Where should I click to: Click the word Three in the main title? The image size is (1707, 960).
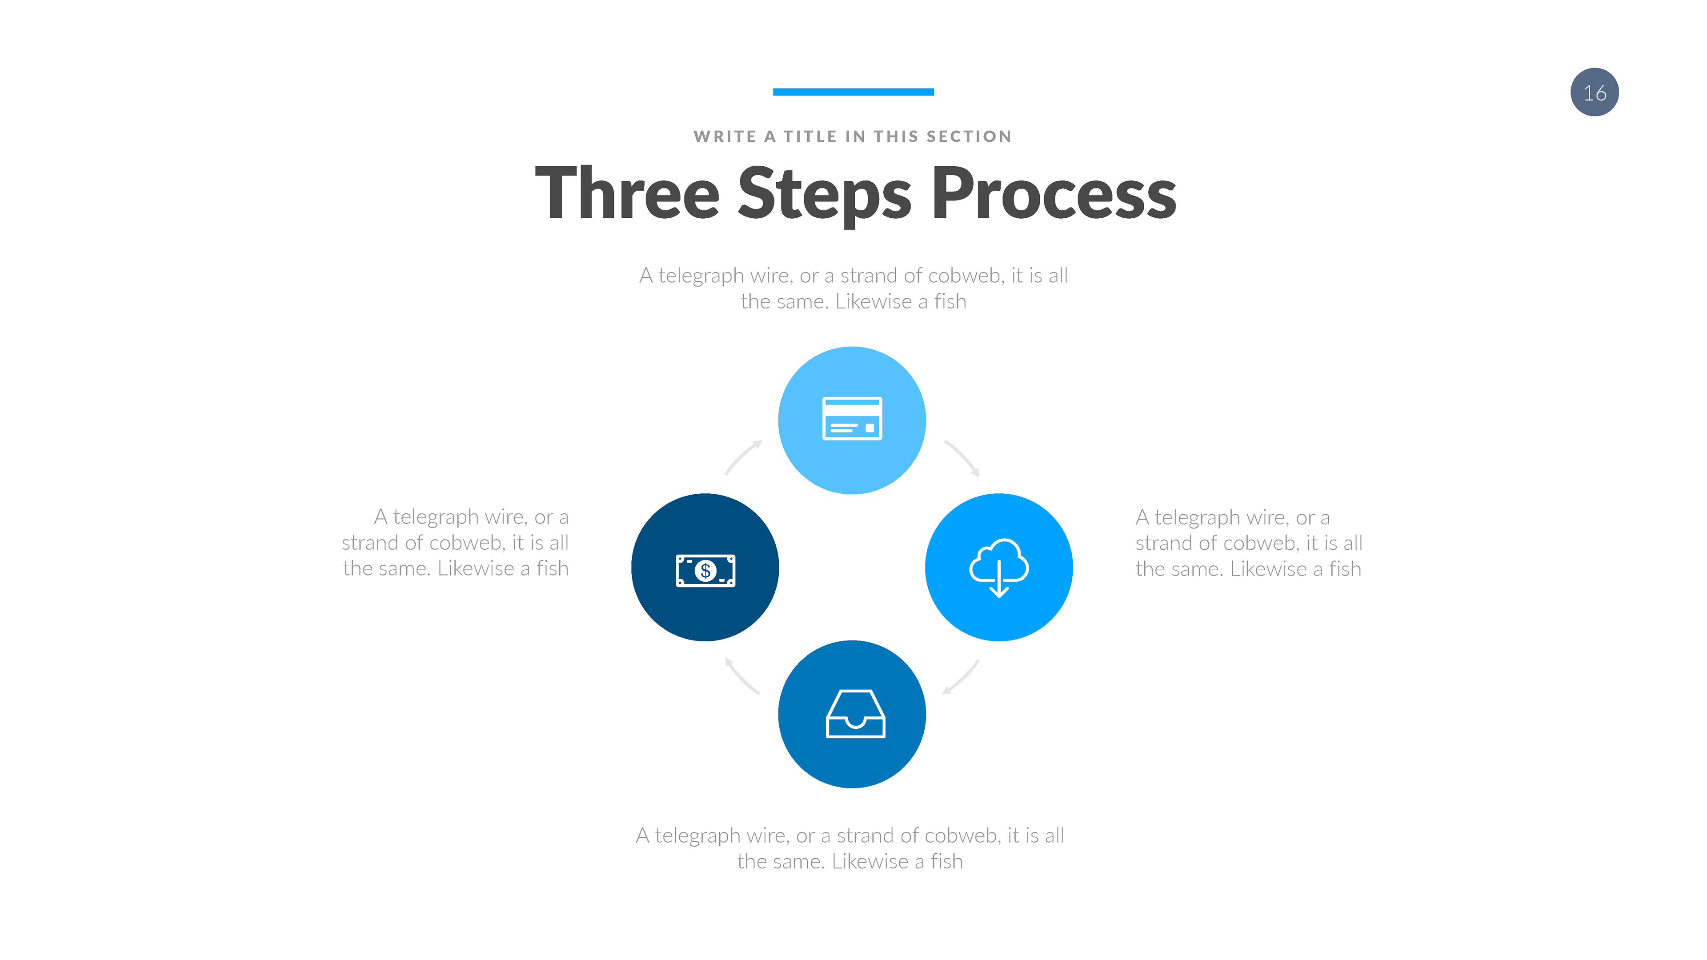pyautogui.click(x=626, y=193)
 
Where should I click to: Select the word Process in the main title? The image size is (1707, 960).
pyautogui.click(x=1054, y=193)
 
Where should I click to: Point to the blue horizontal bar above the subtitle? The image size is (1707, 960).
pyautogui.click(x=853, y=92)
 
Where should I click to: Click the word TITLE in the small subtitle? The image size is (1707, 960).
pyautogui.click(x=810, y=136)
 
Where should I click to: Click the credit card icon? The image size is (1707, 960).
pyautogui.click(x=852, y=419)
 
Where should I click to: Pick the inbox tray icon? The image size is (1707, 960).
pyautogui.click(x=855, y=714)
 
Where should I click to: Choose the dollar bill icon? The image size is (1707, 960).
pyautogui.click(x=705, y=570)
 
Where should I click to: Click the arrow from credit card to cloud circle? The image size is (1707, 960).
pyautogui.click(x=962, y=458)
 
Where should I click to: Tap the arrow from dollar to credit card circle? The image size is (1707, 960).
pyautogui.click(x=743, y=457)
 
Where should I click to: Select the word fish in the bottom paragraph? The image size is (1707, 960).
pyautogui.click(x=946, y=861)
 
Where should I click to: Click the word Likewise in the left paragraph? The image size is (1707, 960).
pyautogui.click(x=475, y=568)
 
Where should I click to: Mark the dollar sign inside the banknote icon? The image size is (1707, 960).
pyautogui.click(x=705, y=570)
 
